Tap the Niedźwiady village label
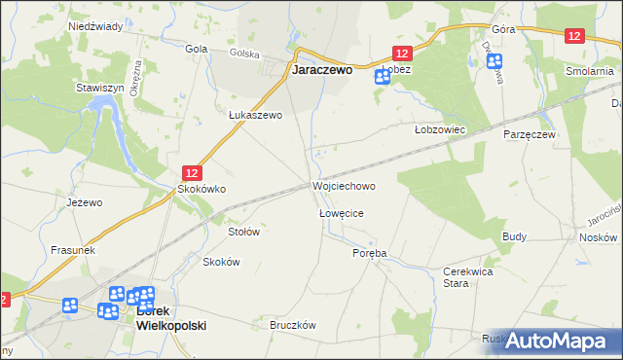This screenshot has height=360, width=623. (x=95, y=26)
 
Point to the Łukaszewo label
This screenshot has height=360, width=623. (x=255, y=115)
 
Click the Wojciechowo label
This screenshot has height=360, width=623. (x=344, y=185)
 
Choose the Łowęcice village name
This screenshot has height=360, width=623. (x=341, y=212)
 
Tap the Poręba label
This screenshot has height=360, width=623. (x=370, y=253)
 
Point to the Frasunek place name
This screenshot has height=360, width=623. (x=72, y=250)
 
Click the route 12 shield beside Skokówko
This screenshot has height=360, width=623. (x=193, y=171)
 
